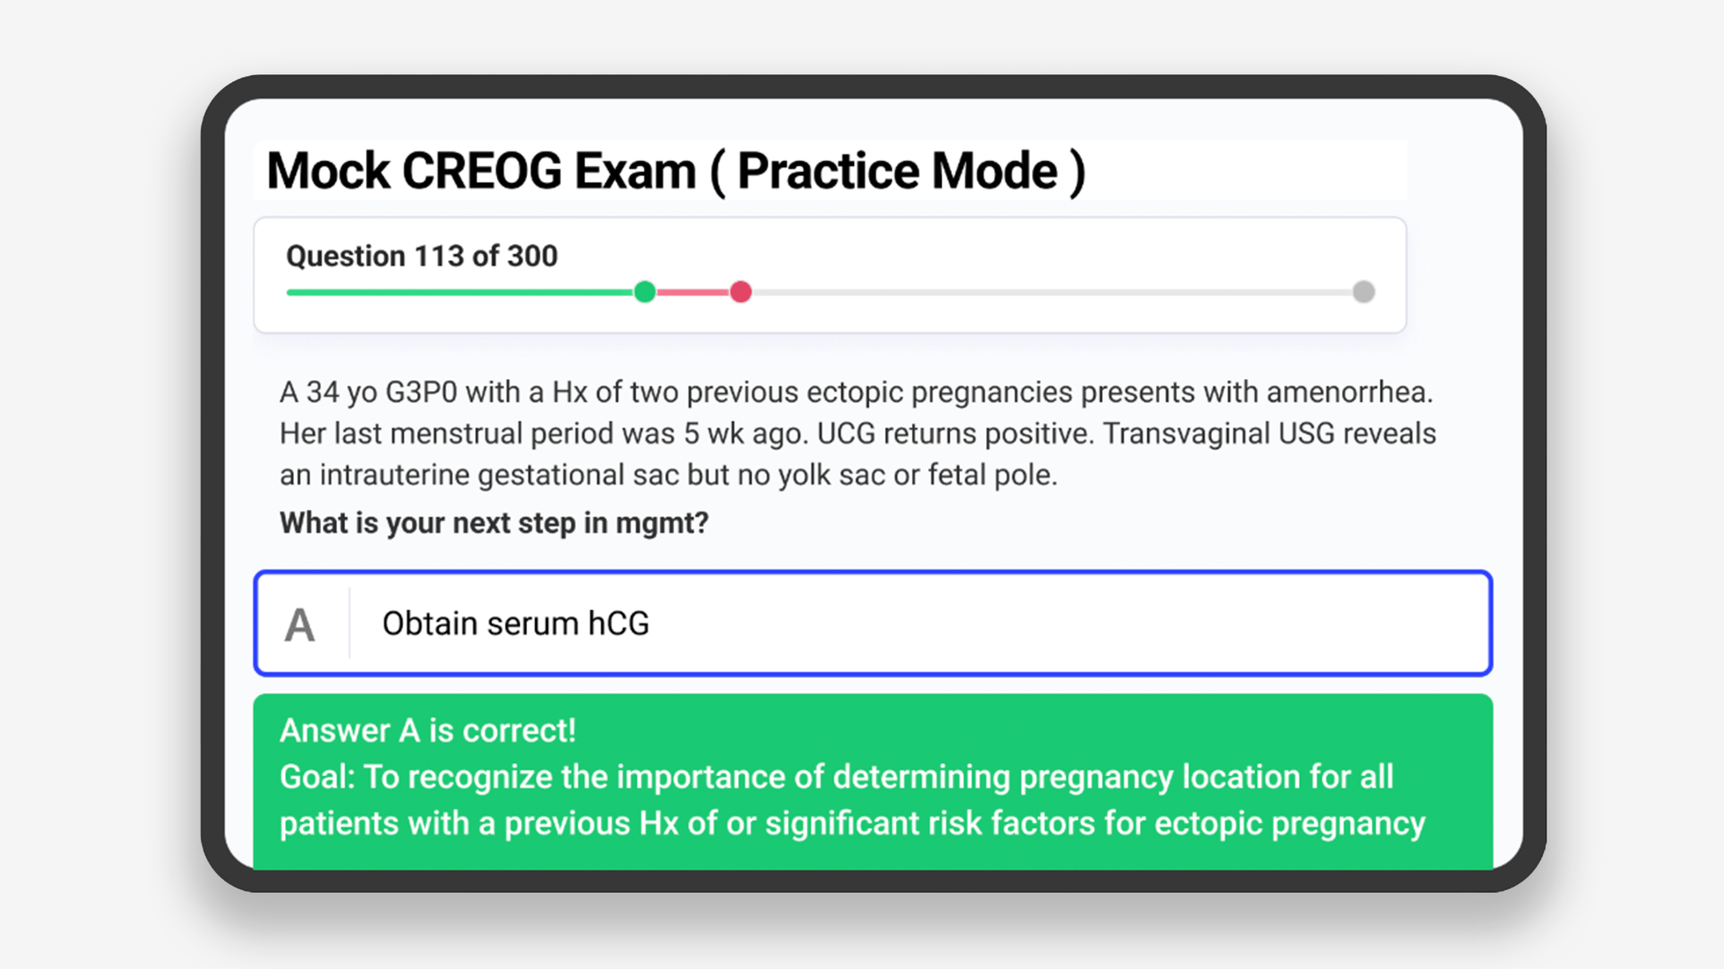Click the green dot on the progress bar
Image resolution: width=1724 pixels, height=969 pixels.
[645, 292]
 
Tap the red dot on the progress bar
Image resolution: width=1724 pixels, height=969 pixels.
[741, 292]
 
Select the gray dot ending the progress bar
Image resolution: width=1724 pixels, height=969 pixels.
[1364, 292]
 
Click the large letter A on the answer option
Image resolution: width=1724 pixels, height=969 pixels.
[299, 625]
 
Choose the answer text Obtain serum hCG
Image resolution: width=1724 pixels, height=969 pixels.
[515, 624]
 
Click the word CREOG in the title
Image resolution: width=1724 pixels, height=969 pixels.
[481, 171]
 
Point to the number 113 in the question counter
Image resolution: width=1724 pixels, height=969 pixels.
[438, 256]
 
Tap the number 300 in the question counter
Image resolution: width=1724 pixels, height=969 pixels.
[533, 256]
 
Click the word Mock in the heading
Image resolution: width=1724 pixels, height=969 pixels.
[328, 171]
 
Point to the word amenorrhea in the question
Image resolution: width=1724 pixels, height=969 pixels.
[1350, 393]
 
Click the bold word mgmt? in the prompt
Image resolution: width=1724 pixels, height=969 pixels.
[662, 523]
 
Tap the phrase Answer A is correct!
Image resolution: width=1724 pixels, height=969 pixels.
[428, 731]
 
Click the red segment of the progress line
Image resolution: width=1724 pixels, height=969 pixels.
[692, 292]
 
